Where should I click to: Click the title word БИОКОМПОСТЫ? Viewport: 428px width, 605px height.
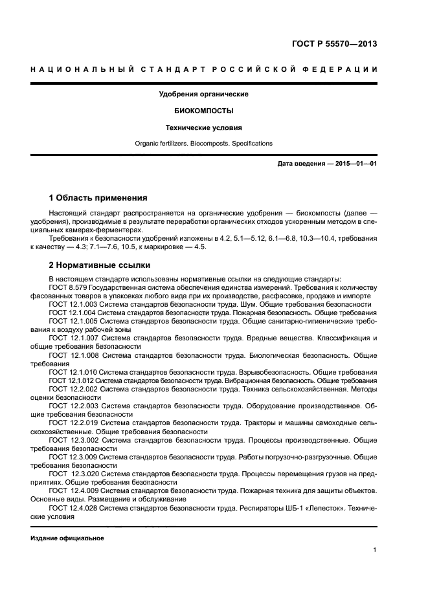tap(204, 111)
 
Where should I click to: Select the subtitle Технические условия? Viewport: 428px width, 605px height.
tap(204, 127)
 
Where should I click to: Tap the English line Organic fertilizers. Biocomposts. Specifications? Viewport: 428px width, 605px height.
tap(204, 143)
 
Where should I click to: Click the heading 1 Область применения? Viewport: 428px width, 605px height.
tap(98, 197)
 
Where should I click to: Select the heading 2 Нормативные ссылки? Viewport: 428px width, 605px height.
tap(100, 265)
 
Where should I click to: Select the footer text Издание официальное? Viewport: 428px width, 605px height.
tap(67, 538)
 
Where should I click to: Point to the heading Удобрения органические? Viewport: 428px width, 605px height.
tap(204, 94)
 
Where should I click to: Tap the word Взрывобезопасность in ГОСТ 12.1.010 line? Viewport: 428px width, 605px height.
tap(279, 371)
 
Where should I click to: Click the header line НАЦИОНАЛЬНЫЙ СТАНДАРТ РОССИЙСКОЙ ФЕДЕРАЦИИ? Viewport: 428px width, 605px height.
tap(204, 69)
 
